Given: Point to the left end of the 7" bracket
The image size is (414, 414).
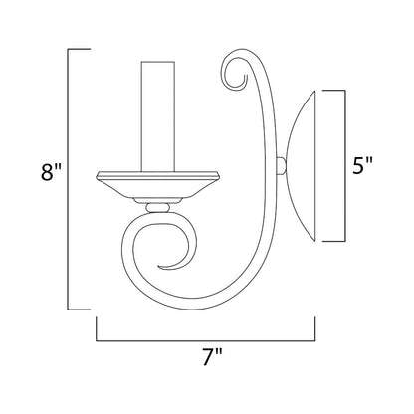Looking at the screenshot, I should (x=97, y=323).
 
